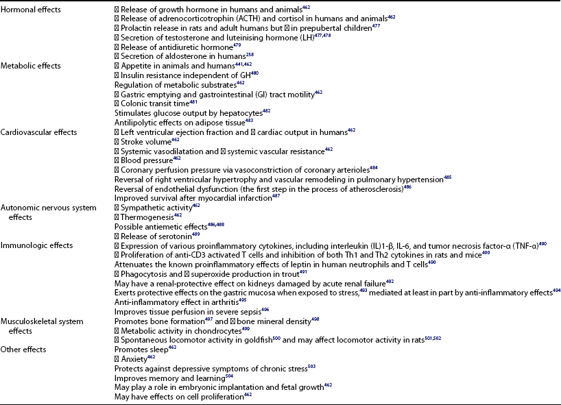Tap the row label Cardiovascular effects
(x=38, y=132)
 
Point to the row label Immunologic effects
(x=37, y=245)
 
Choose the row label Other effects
(x=24, y=349)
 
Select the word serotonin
(x=172, y=235)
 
